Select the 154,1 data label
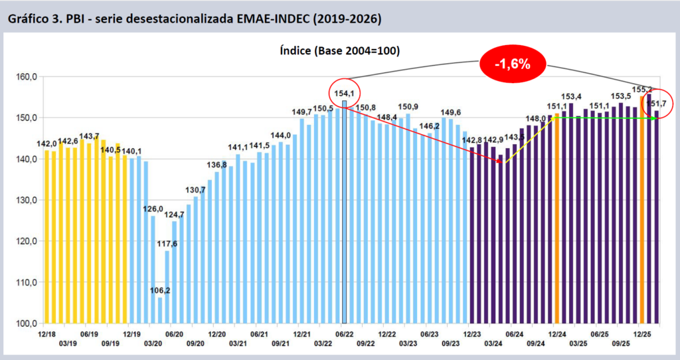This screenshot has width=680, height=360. (x=344, y=92)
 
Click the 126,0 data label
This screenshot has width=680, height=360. (x=153, y=209)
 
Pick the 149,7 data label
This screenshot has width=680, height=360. (x=302, y=112)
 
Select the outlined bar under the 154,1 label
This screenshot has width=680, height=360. (x=345, y=213)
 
